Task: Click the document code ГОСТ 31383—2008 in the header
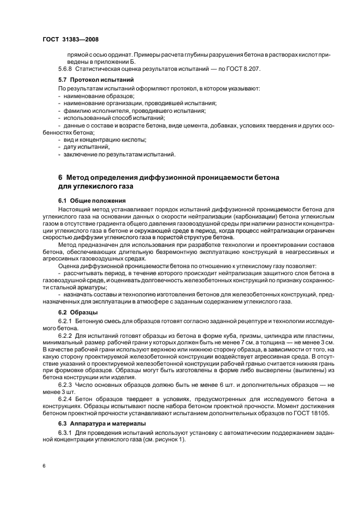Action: (70, 40)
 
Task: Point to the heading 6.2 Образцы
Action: (78, 312)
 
